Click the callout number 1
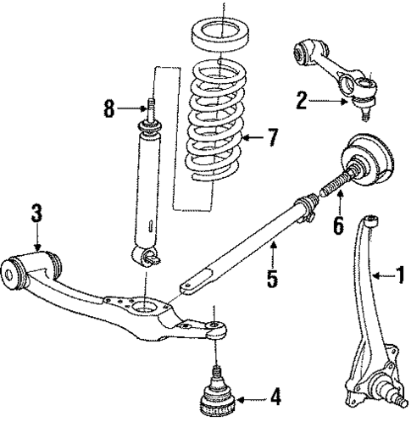[401, 274]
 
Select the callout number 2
[300, 100]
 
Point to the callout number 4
[274, 397]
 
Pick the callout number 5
[270, 276]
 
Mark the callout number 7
[272, 134]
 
